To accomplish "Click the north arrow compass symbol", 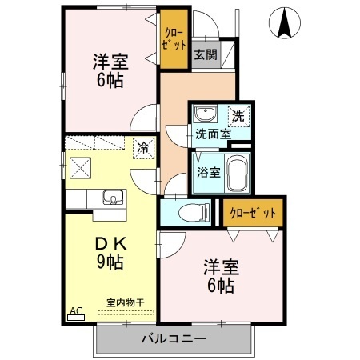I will (x=283, y=22).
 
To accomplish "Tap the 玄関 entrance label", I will (x=205, y=54).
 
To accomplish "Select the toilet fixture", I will (x=186, y=212).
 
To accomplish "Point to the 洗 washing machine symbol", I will (x=238, y=115).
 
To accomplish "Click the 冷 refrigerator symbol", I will (x=142, y=148).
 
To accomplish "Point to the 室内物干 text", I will (x=125, y=302).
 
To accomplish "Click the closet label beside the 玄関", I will (x=171, y=38).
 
